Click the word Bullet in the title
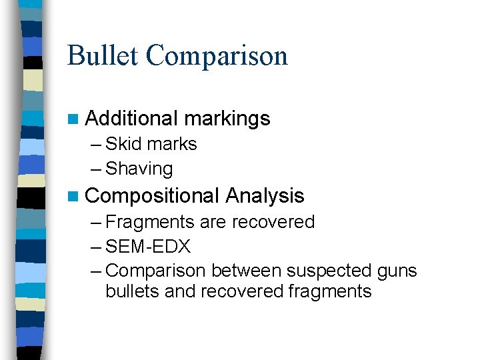click(103, 55)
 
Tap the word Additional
click(131, 119)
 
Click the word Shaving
click(139, 169)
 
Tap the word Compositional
click(152, 196)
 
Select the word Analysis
click(265, 196)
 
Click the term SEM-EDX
click(148, 247)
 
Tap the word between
click(245, 271)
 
